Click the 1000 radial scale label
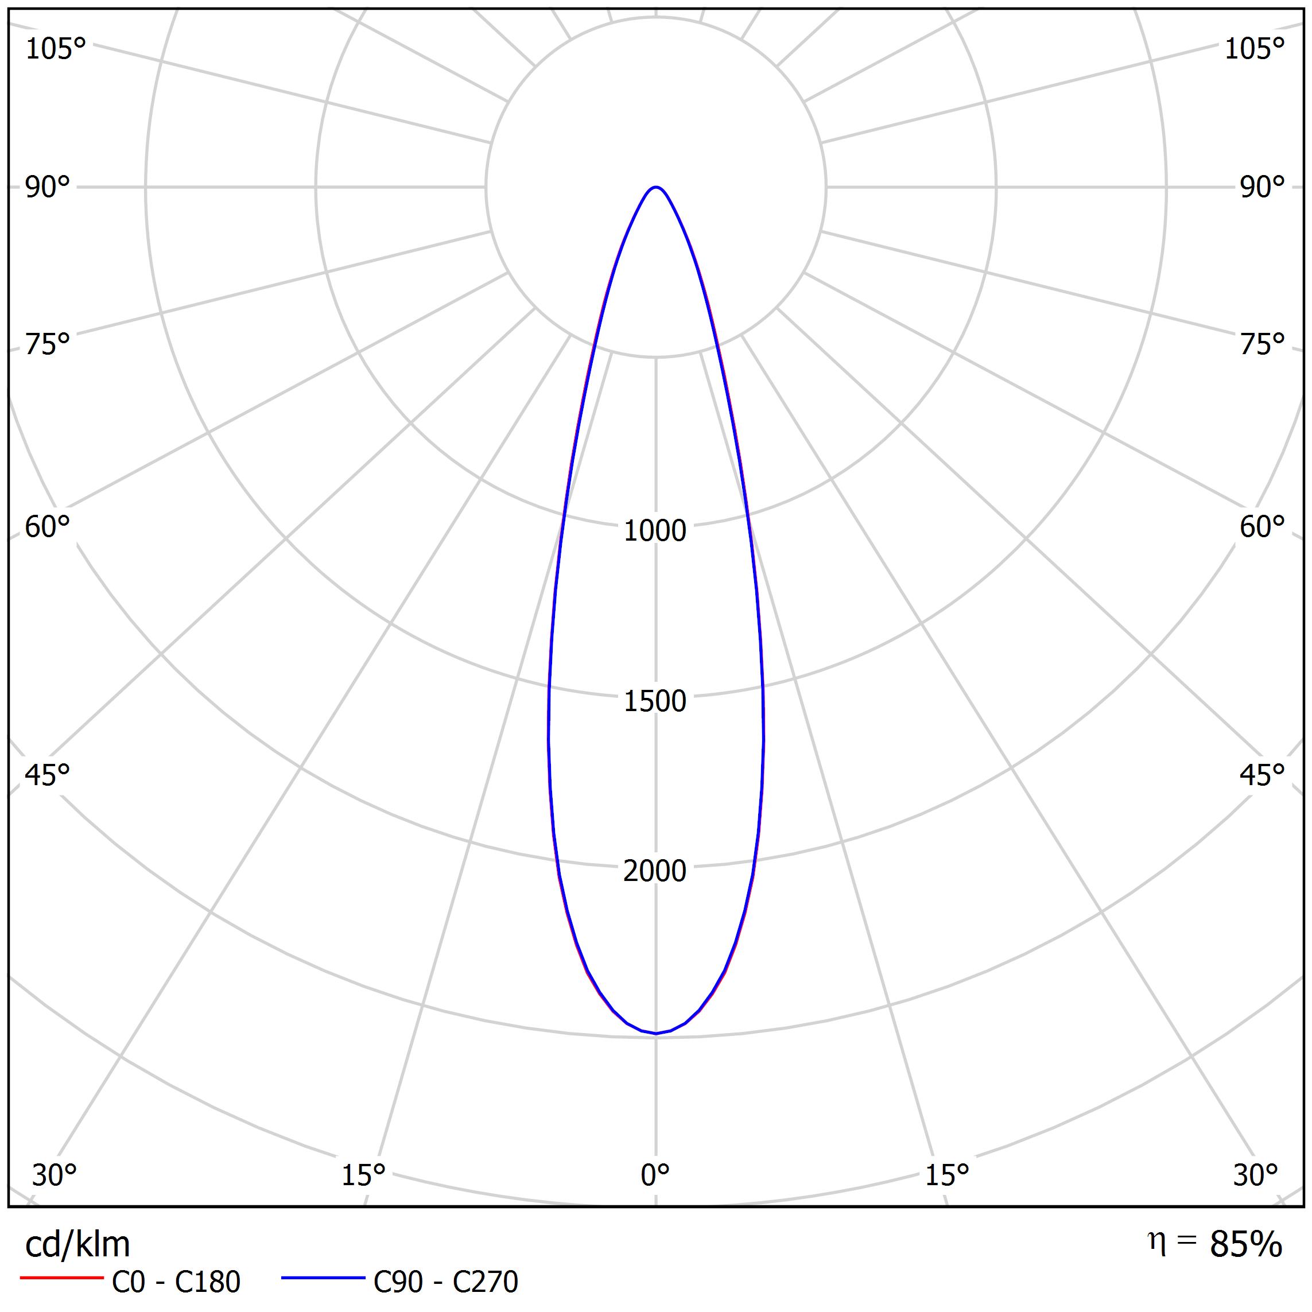tap(655, 530)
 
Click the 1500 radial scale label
tap(655, 701)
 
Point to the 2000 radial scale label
tap(655, 871)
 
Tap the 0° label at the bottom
tap(655, 1175)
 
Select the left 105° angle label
tap(56, 49)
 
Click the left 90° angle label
tap(48, 188)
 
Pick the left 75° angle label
tap(48, 344)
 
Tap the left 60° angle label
tap(48, 527)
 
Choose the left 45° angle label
tap(48, 775)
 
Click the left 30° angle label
tap(55, 1175)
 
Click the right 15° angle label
tap(946, 1175)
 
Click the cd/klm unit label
tap(77, 1245)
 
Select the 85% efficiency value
tap(1245, 1245)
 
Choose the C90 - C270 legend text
tap(445, 1282)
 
